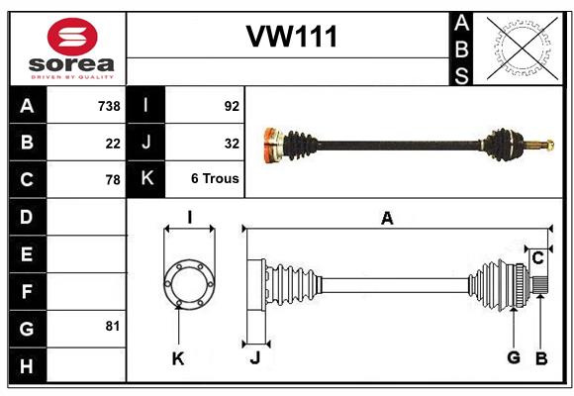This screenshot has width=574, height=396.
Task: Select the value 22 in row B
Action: point(113,144)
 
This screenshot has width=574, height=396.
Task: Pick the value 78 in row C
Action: point(113,180)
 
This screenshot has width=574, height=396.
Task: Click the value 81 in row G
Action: point(113,326)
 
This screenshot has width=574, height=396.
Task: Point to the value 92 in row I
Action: point(232,106)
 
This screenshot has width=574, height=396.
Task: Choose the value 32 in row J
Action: point(232,144)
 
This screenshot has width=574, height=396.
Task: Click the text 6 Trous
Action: point(215,179)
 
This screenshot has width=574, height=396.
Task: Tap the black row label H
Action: point(27,365)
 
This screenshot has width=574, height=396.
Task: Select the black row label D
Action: point(27,216)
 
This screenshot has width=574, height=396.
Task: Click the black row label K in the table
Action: point(146,179)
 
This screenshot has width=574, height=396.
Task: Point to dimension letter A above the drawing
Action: point(387,219)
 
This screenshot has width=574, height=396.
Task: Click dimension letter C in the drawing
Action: point(537,258)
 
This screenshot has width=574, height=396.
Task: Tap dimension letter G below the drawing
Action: point(514,358)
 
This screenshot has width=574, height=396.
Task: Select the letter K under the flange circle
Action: point(178,359)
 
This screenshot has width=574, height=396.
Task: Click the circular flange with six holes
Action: point(188,282)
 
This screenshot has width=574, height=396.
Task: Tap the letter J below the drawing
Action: point(254,359)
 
